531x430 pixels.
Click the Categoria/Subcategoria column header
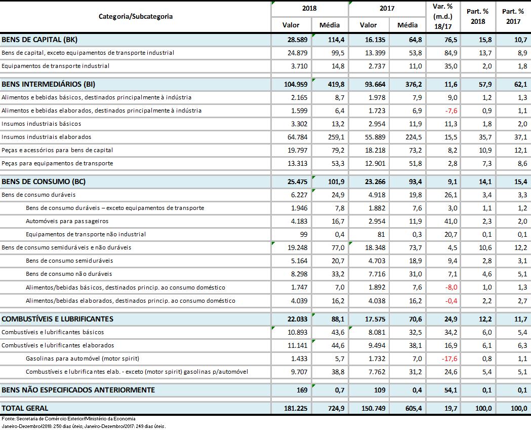click(x=135, y=16)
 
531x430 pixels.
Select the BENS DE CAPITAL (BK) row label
click(x=39, y=39)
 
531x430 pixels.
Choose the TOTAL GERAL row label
click(x=25, y=408)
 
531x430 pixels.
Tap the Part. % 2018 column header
click(x=478, y=17)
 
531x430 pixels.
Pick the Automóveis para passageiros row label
click(x=67, y=221)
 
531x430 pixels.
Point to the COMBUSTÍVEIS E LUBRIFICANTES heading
click(x=58, y=319)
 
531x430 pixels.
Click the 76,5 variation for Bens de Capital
click(x=450, y=39)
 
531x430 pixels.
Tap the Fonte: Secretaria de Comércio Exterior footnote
click(x=68, y=419)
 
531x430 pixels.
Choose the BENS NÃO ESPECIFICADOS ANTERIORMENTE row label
click(x=78, y=390)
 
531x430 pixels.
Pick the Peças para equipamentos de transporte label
click(x=57, y=163)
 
